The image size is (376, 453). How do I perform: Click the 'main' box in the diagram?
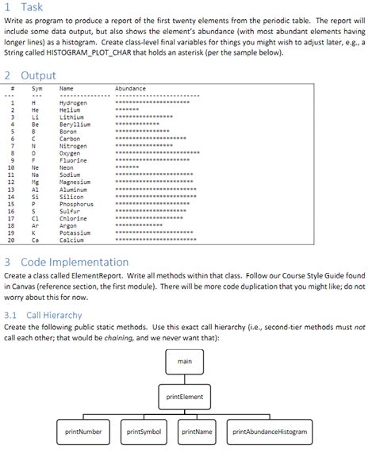point(185,362)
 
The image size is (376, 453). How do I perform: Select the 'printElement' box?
point(185,396)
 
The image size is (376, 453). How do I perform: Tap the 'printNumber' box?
point(82,432)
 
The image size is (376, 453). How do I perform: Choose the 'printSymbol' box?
point(144,432)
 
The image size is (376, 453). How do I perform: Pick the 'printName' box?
point(197,432)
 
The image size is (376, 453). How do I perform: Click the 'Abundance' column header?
point(130,88)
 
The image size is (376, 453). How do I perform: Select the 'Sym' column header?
point(36,88)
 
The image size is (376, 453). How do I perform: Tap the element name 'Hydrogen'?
point(74,103)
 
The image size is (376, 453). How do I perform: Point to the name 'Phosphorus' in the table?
point(76,204)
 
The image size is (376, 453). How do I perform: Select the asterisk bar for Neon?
point(127,167)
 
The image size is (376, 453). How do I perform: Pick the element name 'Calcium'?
point(71,240)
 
